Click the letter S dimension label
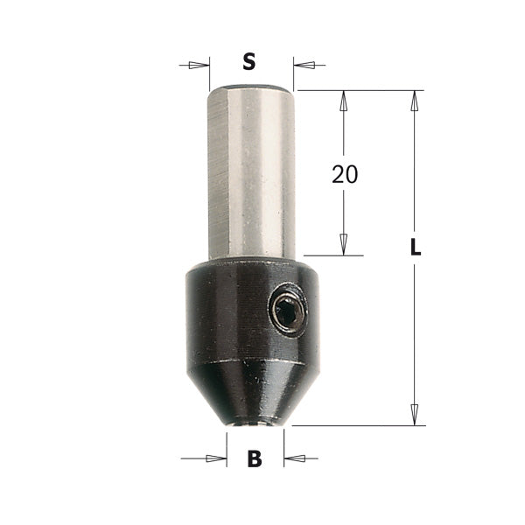pyautogui.click(x=249, y=62)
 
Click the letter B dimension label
pyautogui.click(x=255, y=458)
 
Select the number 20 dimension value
pyautogui.click(x=345, y=174)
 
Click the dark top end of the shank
pyautogui.click(x=252, y=85)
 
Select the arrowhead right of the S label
pyautogui.click(x=303, y=64)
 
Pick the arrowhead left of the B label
pyautogui.click(x=214, y=458)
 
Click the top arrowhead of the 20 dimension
pyautogui.click(x=344, y=100)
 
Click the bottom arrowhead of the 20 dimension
pyautogui.click(x=344, y=245)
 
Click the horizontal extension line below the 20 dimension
pyautogui.click(x=332, y=255)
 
